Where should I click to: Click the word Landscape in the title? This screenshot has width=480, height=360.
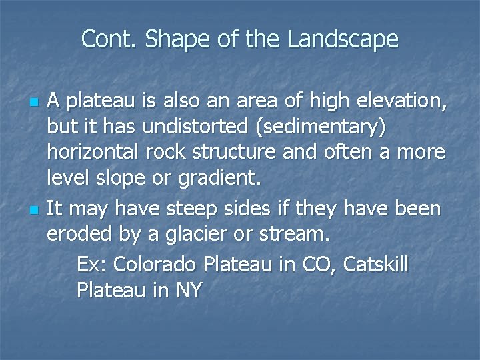coord(343,40)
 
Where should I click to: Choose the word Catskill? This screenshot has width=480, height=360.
coord(376,264)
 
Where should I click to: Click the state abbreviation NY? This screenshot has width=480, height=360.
coord(189,291)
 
